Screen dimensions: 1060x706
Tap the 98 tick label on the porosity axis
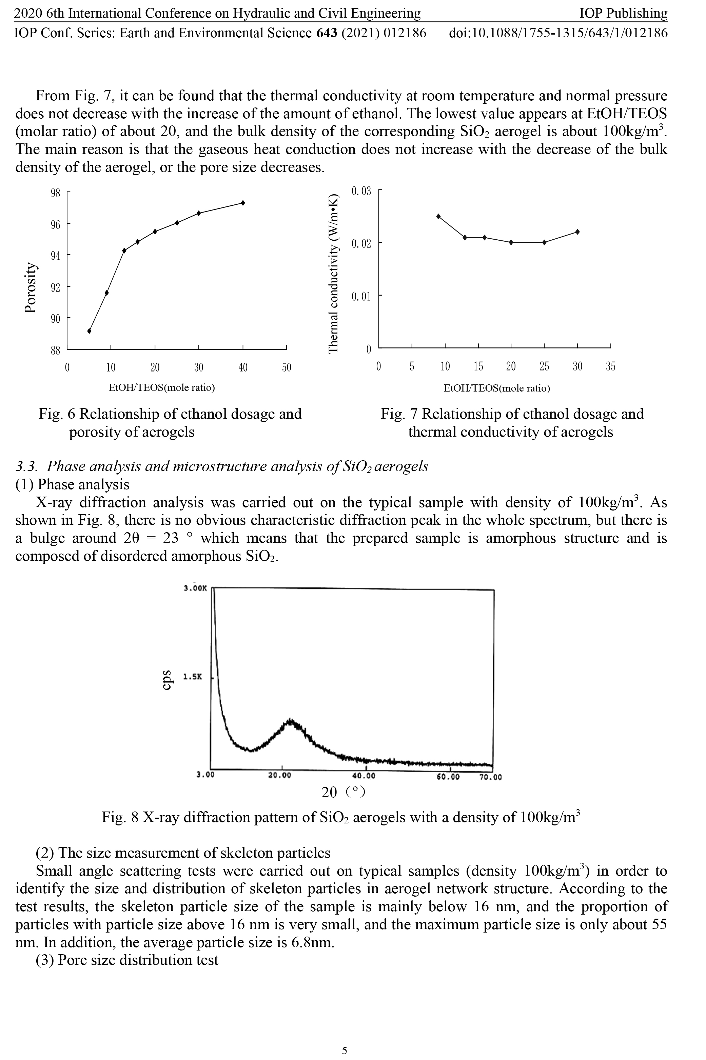click(x=55, y=193)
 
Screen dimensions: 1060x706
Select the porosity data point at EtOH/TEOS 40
click(x=243, y=203)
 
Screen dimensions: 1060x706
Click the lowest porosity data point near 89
click(x=89, y=331)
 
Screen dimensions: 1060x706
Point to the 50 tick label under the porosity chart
click(x=286, y=368)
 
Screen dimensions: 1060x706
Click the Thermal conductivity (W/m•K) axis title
click(x=333, y=274)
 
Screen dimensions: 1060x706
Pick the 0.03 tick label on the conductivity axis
click(x=361, y=191)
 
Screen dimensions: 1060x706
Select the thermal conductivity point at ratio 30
click(x=577, y=232)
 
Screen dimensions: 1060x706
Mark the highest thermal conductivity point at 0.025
click(x=438, y=217)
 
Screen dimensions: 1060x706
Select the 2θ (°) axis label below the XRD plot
click(x=343, y=792)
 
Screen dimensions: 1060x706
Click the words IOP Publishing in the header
click(x=623, y=14)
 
